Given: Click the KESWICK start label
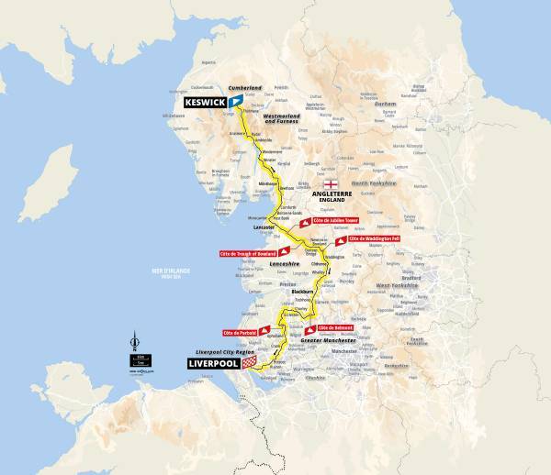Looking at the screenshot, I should pyautogui.click(x=203, y=103).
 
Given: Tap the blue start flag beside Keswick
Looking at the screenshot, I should pyautogui.click(x=236, y=100).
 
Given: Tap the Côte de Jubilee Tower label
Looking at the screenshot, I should pyautogui.click(x=334, y=221).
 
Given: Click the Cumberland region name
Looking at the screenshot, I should pyautogui.click(x=245, y=88).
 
